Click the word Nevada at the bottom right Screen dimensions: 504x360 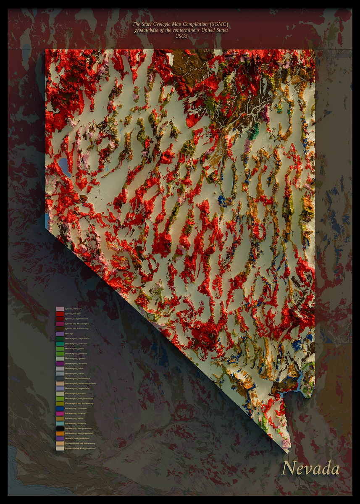[310, 468]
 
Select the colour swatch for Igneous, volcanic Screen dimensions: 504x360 [60, 314]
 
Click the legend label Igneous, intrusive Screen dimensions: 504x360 [73, 309]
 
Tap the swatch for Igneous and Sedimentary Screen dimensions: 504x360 [60, 329]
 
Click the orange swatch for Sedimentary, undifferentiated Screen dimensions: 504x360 [60, 433]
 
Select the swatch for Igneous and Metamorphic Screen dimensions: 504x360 [60, 324]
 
